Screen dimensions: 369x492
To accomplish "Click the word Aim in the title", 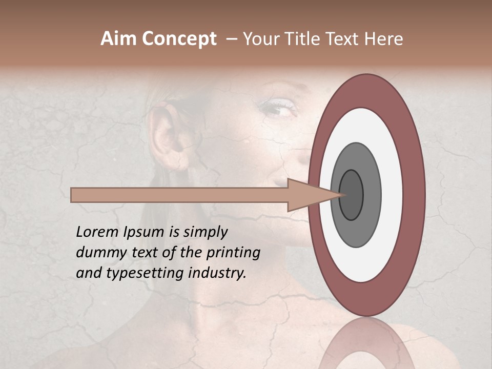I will click(119, 39).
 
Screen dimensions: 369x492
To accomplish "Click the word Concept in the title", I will click(179, 39).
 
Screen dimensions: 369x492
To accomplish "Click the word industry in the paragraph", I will click(217, 273).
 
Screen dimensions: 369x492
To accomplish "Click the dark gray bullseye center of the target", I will click(352, 195).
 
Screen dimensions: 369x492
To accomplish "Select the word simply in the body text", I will click(205, 232).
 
